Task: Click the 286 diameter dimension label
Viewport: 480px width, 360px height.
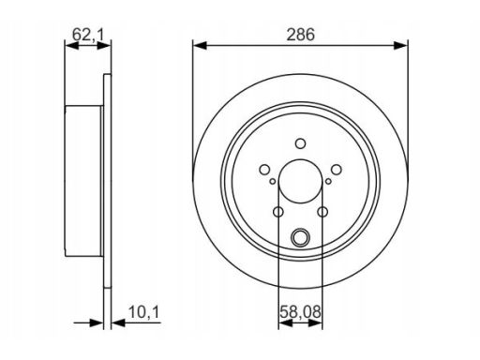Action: coord(301,35)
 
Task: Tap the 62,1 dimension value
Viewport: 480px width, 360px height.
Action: coord(88,35)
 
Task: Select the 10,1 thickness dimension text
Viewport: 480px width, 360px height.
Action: coord(144,312)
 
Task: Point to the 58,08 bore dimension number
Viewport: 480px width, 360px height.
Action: coord(300,312)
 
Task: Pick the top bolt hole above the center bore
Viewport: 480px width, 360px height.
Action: coord(301,143)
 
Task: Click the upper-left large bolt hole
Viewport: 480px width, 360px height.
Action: coord(264,170)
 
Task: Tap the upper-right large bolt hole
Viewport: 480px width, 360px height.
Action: coord(337,170)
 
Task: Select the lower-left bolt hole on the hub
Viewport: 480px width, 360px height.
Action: coord(278,212)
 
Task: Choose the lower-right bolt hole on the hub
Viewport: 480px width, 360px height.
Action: coord(322,212)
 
